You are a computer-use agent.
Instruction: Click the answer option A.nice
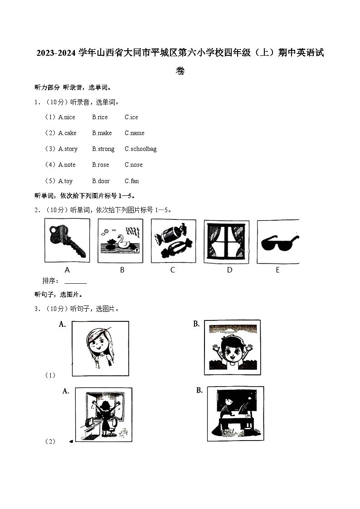67,117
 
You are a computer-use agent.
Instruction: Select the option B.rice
100,117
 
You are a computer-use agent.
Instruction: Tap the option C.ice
131,117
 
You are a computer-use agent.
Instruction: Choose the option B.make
102,133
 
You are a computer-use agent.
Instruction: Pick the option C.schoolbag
141,149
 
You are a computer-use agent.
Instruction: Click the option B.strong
103,149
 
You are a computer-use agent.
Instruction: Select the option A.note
67,165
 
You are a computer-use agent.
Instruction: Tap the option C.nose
133,165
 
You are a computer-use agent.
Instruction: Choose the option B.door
101,181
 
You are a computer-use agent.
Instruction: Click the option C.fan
131,181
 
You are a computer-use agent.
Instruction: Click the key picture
67,241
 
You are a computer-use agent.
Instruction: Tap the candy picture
173,241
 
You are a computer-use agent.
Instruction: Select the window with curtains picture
226,242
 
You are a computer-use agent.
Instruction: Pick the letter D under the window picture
229,270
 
